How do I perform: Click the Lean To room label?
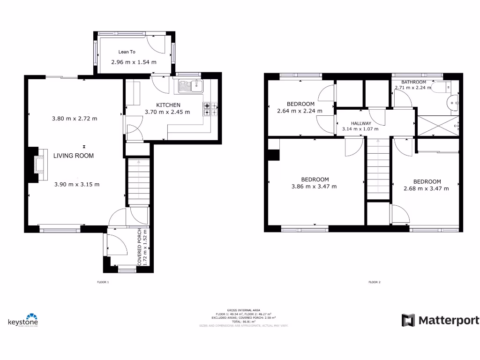(127, 52)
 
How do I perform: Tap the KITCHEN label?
(168, 105)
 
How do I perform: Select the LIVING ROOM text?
(73, 156)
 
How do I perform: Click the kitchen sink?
(190, 86)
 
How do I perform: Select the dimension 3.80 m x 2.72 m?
(75, 119)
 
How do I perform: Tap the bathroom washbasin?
(453, 102)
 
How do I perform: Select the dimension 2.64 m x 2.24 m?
(300, 111)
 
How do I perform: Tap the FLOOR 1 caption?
(102, 282)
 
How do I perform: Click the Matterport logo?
(440, 321)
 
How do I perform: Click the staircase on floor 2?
(378, 169)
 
